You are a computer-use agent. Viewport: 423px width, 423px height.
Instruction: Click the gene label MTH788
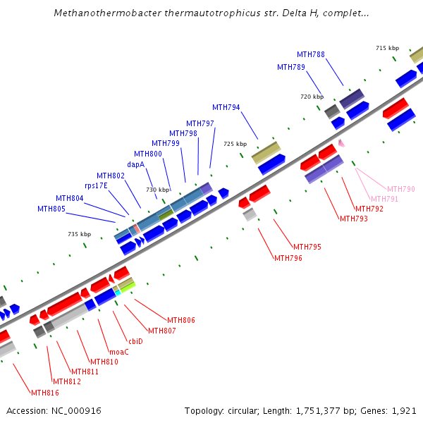tap(311, 54)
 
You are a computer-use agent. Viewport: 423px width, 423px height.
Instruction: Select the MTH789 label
tap(291, 67)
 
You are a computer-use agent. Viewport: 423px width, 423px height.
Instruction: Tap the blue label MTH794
tap(226, 107)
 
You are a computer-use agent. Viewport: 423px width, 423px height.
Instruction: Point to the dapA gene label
tap(136, 164)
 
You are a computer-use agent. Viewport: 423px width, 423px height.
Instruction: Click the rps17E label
tap(96, 185)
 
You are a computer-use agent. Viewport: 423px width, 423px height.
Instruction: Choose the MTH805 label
tap(51, 209)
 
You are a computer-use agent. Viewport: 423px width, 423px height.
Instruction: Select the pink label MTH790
tap(401, 189)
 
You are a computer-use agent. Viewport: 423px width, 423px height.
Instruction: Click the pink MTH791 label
tap(384, 199)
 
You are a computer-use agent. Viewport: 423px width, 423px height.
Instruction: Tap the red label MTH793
tap(354, 219)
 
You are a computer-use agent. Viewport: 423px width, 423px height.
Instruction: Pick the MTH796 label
tap(288, 258)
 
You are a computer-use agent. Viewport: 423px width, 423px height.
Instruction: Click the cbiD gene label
tap(135, 341)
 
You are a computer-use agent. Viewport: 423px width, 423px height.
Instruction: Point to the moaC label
tap(118, 351)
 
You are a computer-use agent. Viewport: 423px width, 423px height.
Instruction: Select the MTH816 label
tap(45, 393)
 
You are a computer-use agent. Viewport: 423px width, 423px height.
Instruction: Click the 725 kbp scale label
tap(235, 144)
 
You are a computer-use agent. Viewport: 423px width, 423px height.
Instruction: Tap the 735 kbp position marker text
tap(80, 234)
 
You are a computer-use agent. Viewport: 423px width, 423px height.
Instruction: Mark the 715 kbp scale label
tap(387, 48)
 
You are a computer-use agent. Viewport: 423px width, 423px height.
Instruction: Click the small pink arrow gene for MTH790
tap(341, 142)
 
